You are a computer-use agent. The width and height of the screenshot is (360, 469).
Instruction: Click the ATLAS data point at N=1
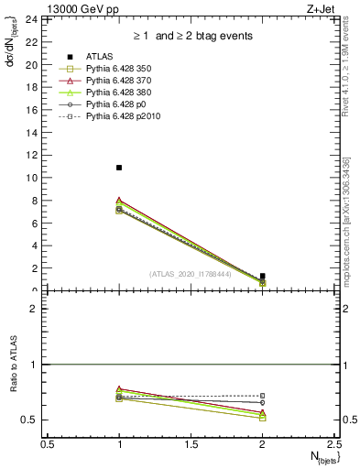(x=119, y=168)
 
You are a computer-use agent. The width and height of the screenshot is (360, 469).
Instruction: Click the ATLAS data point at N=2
(x=263, y=276)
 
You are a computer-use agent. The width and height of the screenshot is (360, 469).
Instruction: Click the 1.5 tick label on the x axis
(x=191, y=444)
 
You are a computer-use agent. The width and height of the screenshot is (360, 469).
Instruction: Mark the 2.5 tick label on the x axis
(x=333, y=444)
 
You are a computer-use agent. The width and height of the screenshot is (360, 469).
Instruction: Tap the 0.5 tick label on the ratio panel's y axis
(x=27, y=420)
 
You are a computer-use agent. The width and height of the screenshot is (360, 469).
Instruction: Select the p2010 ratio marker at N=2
(x=263, y=396)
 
